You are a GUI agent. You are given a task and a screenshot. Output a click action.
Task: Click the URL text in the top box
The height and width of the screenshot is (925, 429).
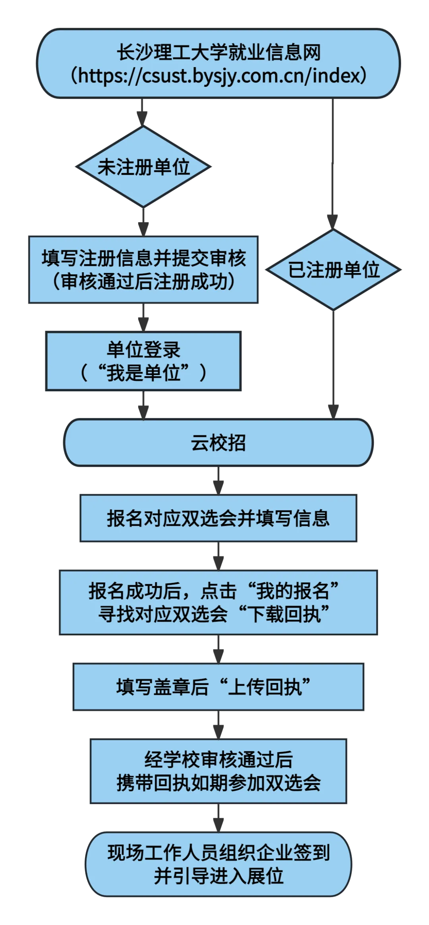[218, 75]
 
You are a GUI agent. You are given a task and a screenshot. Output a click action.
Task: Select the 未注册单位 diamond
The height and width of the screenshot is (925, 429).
[143, 167]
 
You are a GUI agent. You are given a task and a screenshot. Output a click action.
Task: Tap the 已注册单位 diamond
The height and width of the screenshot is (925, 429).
[333, 270]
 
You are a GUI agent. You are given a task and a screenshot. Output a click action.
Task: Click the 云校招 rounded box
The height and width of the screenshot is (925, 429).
[218, 443]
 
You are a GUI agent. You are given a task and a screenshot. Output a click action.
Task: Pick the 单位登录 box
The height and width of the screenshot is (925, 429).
[143, 361]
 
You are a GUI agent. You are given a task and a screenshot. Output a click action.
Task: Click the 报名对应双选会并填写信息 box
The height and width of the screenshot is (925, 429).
[218, 518]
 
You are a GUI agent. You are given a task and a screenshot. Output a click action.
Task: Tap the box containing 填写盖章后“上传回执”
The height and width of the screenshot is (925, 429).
[218, 687]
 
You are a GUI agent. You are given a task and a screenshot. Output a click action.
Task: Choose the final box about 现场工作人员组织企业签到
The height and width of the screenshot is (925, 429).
[218, 864]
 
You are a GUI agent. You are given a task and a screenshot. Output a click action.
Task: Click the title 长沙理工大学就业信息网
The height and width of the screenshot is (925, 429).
[218, 52]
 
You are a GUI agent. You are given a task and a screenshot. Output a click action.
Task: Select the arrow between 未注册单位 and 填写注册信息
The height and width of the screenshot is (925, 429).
[143, 221]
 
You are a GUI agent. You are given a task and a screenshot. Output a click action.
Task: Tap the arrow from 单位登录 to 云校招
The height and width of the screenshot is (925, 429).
[143, 406]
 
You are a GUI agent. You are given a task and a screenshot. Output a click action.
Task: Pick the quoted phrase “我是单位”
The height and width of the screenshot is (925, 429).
[143, 373]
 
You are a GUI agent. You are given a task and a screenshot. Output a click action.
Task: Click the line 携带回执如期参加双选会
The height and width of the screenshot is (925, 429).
[218, 783]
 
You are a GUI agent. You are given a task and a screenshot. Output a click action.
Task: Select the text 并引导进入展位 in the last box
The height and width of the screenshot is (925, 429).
[218, 876]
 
